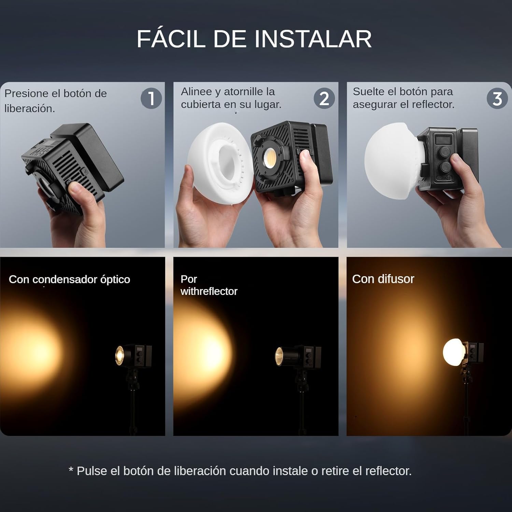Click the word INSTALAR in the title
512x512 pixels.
[313, 39]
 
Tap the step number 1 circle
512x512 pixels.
[151, 99]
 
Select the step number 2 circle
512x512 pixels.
[324, 99]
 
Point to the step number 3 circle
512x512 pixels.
[497, 99]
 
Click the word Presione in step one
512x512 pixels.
[26, 94]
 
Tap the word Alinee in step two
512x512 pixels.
[196, 91]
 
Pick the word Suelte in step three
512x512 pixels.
[368, 91]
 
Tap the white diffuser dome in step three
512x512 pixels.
[393, 160]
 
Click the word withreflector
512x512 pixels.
[209, 291]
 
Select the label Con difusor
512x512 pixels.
[383, 279]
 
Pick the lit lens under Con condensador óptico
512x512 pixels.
[119, 355]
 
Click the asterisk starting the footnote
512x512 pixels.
[71, 469]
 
